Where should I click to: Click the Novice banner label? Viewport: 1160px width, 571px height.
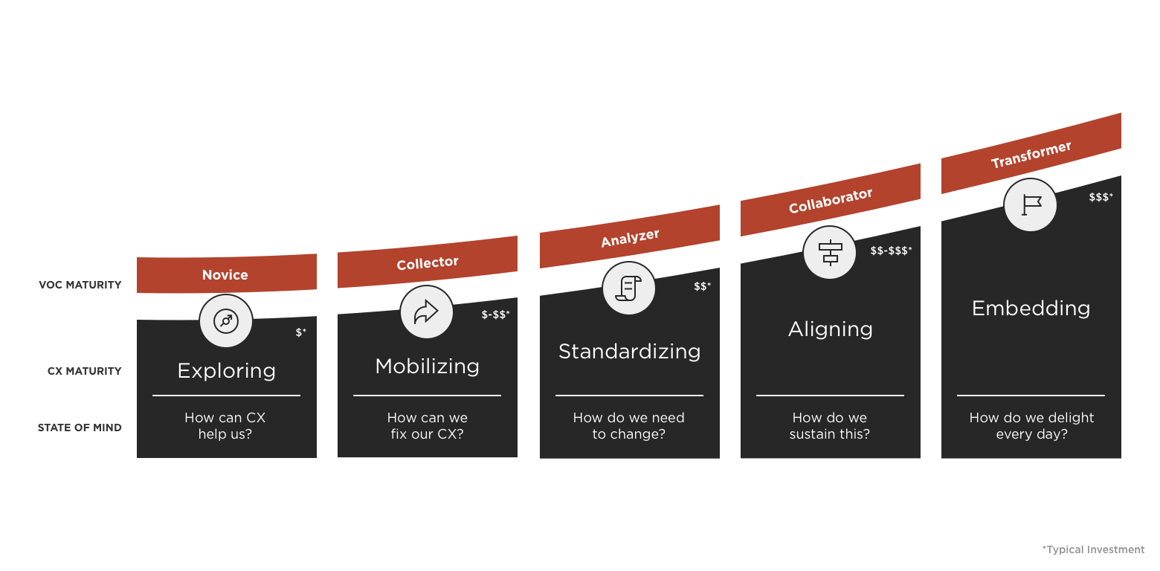click(225, 275)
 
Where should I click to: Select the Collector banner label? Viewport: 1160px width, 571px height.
click(428, 263)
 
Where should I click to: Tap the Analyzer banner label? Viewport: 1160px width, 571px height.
click(630, 238)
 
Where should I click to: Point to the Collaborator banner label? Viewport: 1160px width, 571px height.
click(831, 200)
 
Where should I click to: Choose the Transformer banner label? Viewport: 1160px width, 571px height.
click(1031, 155)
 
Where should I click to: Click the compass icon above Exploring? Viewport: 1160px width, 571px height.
click(226, 321)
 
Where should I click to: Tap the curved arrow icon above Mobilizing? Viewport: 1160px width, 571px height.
click(427, 312)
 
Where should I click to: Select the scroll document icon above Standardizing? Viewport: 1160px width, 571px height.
click(629, 288)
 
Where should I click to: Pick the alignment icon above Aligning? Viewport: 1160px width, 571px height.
click(830, 252)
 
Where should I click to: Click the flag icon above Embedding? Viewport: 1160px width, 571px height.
click(1031, 204)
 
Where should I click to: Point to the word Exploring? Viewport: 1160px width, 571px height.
click(227, 370)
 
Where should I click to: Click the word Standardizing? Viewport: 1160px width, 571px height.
click(630, 351)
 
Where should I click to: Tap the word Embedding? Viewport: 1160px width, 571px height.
click(1031, 308)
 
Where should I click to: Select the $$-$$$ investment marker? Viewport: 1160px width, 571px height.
click(891, 251)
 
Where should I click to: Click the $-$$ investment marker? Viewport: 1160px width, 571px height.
click(495, 314)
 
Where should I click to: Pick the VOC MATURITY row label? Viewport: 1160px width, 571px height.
click(80, 285)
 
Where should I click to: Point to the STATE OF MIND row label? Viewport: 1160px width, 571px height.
click(80, 428)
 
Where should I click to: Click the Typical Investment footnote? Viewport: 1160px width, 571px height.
click(1094, 549)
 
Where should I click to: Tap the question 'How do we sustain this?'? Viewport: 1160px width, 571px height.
click(830, 426)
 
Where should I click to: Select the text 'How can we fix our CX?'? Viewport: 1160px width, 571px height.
click(428, 426)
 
